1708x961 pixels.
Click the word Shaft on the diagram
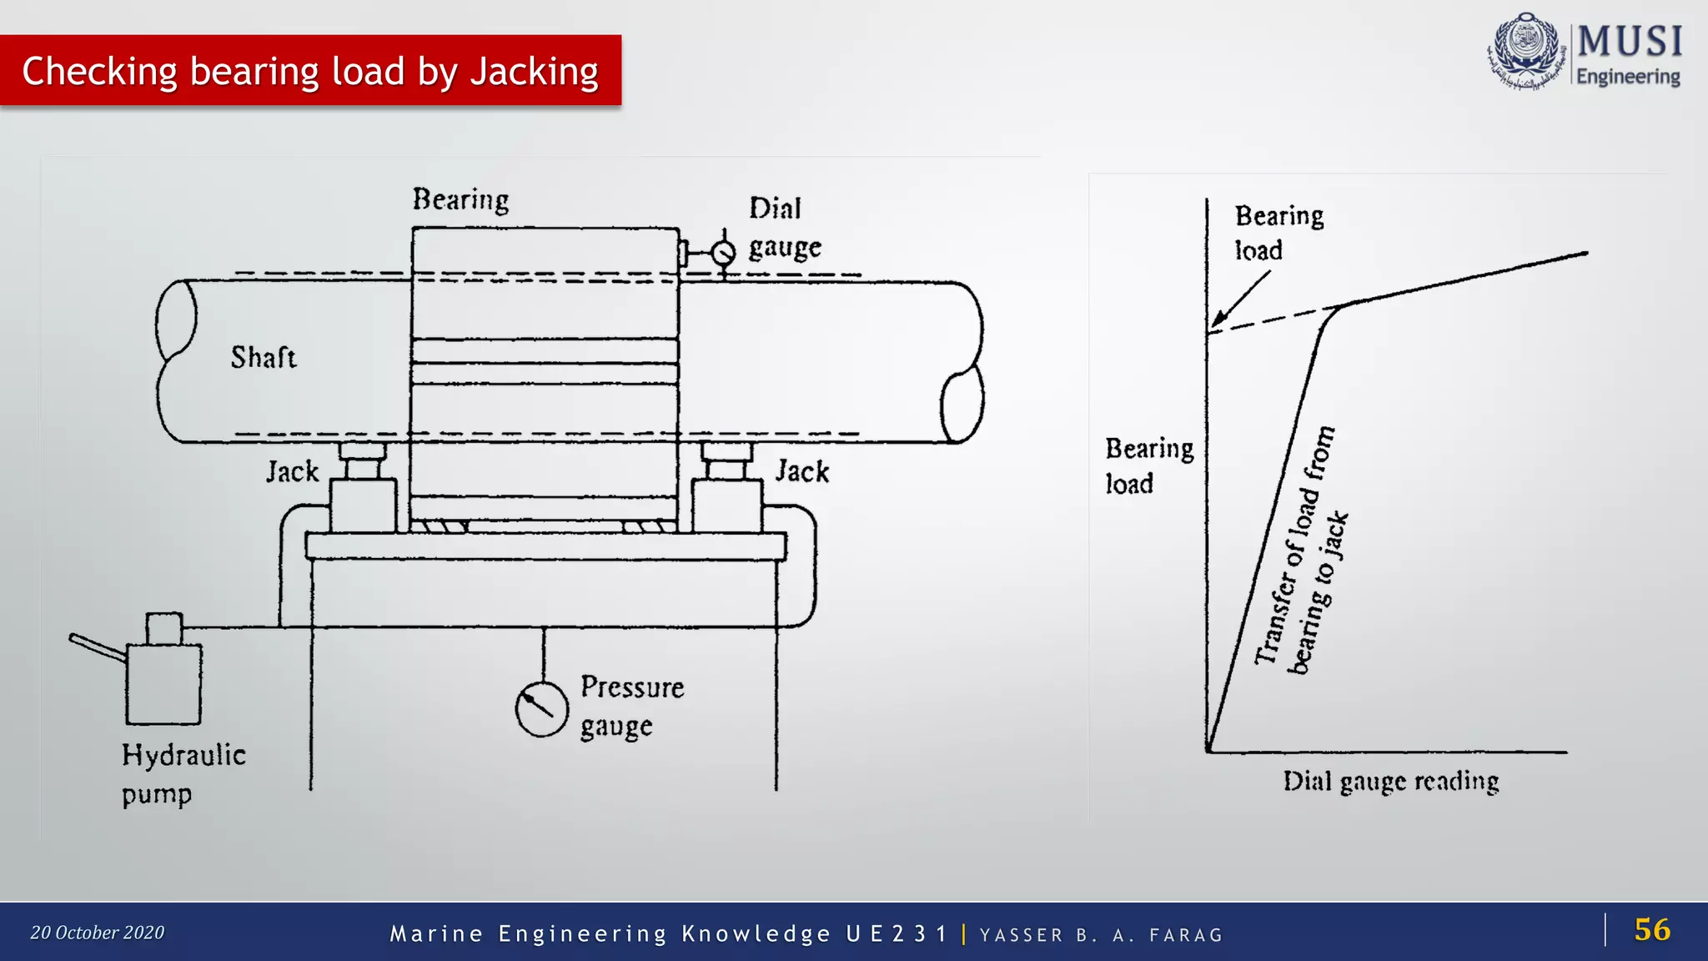(x=264, y=358)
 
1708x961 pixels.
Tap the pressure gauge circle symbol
(x=541, y=709)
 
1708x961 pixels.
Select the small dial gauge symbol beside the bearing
(x=723, y=252)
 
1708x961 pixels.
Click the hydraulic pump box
(x=163, y=683)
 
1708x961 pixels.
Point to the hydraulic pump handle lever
(x=97, y=647)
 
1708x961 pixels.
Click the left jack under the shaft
(x=363, y=492)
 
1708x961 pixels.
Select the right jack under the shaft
(x=727, y=492)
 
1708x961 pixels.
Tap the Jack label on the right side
(x=802, y=471)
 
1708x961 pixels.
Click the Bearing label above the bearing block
(x=460, y=200)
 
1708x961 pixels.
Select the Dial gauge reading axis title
(x=1390, y=782)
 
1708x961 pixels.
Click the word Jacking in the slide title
(x=534, y=72)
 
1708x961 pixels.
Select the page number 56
(x=1651, y=929)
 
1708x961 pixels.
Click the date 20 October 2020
(x=98, y=933)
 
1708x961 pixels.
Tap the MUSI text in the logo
(x=1629, y=42)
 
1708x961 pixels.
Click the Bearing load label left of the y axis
(x=1148, y=465)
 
